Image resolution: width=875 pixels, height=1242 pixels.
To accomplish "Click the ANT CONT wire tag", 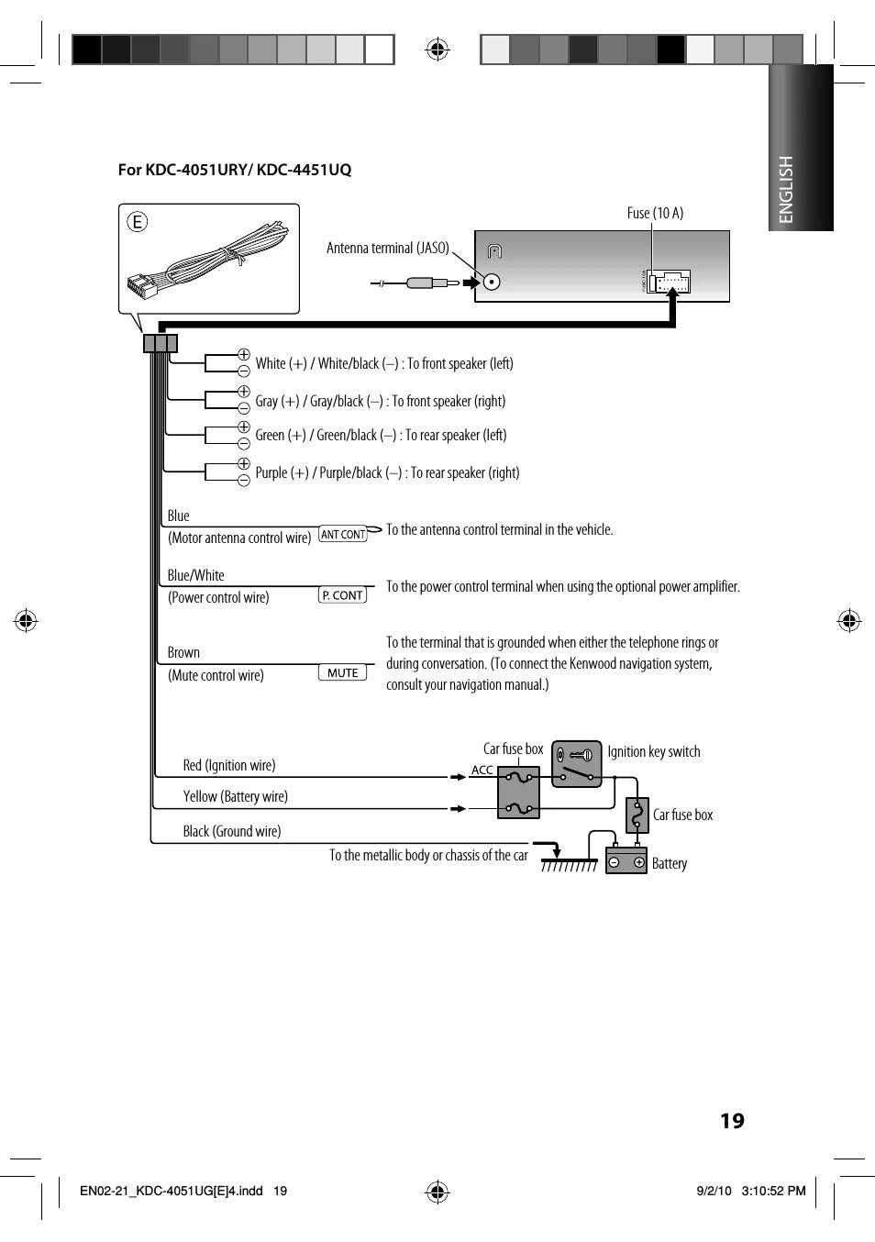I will tap(343, 534).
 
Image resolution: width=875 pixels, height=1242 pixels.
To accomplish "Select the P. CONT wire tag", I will tap(343, 595).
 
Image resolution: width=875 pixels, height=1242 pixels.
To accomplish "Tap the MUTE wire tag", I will tap(342, 672).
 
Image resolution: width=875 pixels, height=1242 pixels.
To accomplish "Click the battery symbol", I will tap(626, 860).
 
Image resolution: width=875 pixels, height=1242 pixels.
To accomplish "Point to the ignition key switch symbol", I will tap(577, 763).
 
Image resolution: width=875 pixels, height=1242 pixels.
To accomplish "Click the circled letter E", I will tap(137, 221).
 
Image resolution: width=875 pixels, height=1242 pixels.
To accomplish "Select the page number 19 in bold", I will tap(732, 1120).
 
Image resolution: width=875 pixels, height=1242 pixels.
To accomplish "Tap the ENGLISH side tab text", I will tap(786, 189).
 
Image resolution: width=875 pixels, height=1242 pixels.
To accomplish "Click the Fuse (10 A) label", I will tap(655, 213).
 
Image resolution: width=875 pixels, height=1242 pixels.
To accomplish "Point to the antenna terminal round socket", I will tap(493, 282).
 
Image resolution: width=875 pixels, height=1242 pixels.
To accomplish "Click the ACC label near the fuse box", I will tap(482, 770).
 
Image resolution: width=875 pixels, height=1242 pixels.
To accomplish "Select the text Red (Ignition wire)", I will tap(229, 765).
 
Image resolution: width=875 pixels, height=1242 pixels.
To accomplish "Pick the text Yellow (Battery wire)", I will tap(235, 796).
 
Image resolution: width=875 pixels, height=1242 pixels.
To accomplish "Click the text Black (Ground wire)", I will tap(231, 831).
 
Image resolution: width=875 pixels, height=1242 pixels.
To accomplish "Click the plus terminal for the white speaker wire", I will tap(244, 354).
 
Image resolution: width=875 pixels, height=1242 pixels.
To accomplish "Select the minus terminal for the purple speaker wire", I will tap(244, 480).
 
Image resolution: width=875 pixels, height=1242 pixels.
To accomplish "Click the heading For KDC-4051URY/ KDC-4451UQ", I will tap(235, 170).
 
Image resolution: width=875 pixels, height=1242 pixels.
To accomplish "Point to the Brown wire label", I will tap(183, 652).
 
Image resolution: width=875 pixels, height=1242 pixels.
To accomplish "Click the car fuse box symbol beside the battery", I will tap(637, 815).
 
